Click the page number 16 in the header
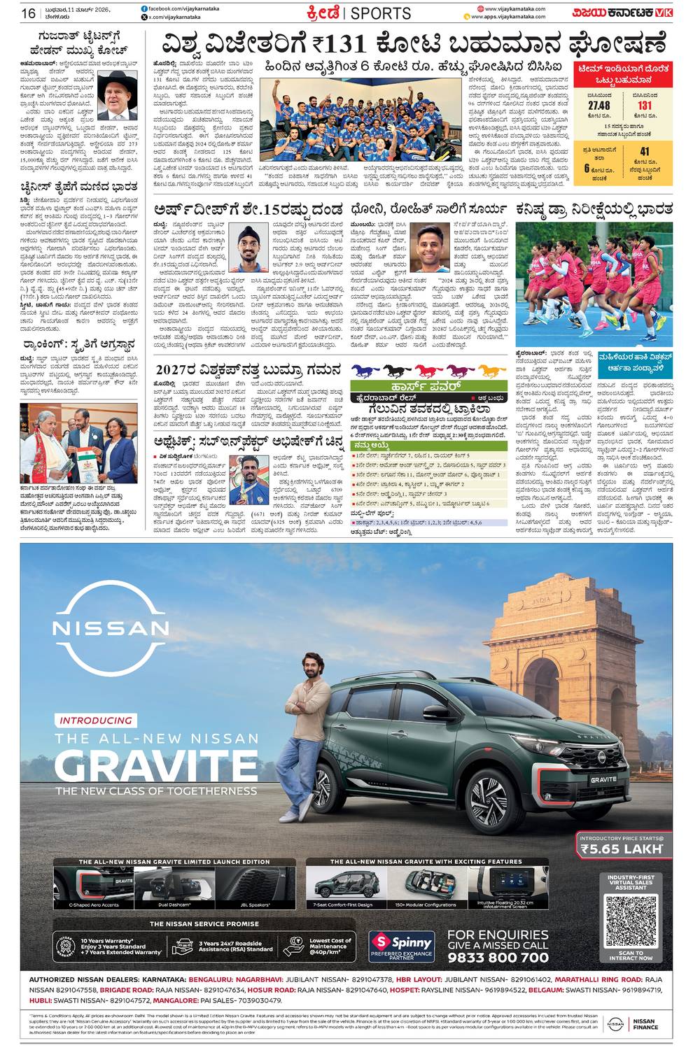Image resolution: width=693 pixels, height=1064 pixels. click(x=28, y=13)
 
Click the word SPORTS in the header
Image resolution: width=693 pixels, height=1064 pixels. click(x=380, y=13)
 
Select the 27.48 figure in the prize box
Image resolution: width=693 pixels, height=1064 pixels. click(x=598, y=106)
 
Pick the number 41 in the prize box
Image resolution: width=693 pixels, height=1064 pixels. click(x=644, y=151)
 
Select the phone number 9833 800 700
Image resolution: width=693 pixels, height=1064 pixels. click(x=498, y=957)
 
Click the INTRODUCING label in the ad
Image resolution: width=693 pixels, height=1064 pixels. click(x=96, y=721)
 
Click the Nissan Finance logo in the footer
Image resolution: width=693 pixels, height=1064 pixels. click(x=631, y=1023)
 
